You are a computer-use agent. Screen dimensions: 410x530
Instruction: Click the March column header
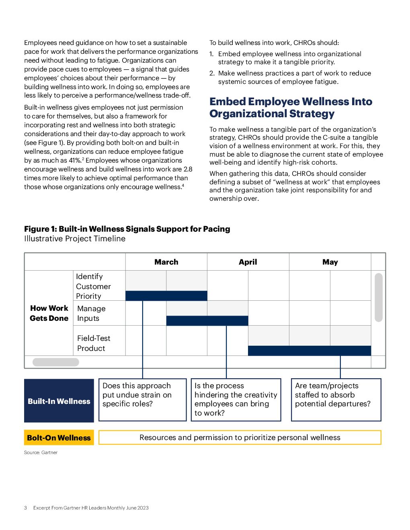(x=166, y=262)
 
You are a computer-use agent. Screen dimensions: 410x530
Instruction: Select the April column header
(x=248, y=262)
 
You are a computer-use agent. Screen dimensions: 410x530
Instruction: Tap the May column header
(x=330, y=262)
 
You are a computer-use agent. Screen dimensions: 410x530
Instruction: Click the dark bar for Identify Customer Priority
(x=166, y=296)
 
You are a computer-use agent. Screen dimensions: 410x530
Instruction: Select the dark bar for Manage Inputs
(x=207, y=320)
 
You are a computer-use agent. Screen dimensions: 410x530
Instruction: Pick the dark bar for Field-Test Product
(x=310, y=351)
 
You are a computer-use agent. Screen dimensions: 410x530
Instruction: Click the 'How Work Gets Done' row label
(x=49, y=313)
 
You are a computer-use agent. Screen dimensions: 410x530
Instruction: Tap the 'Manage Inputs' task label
(x=91, y=313)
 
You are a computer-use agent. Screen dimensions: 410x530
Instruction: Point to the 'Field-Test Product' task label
(x=94, y=343)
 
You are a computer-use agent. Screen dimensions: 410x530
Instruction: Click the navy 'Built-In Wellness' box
(x=59, y=401)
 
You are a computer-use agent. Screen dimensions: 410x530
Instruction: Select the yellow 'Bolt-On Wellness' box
(x=59, y=438)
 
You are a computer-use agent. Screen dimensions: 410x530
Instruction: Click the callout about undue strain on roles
(x=143, y=400)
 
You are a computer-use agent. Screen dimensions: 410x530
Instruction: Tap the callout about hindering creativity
(x=236, y=400)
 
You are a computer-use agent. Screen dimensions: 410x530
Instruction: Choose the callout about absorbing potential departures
(x=336, y=400)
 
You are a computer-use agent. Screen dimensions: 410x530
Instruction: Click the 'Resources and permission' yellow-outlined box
(x=240, y=437)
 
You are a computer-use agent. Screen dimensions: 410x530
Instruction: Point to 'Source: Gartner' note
(x=41, y=453)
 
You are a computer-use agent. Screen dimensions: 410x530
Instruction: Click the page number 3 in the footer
(x=25, y=508)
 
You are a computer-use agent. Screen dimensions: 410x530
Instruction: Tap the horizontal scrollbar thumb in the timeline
(x=56, y=362)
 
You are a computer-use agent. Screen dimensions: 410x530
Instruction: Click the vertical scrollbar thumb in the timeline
(x=379, y=297)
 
